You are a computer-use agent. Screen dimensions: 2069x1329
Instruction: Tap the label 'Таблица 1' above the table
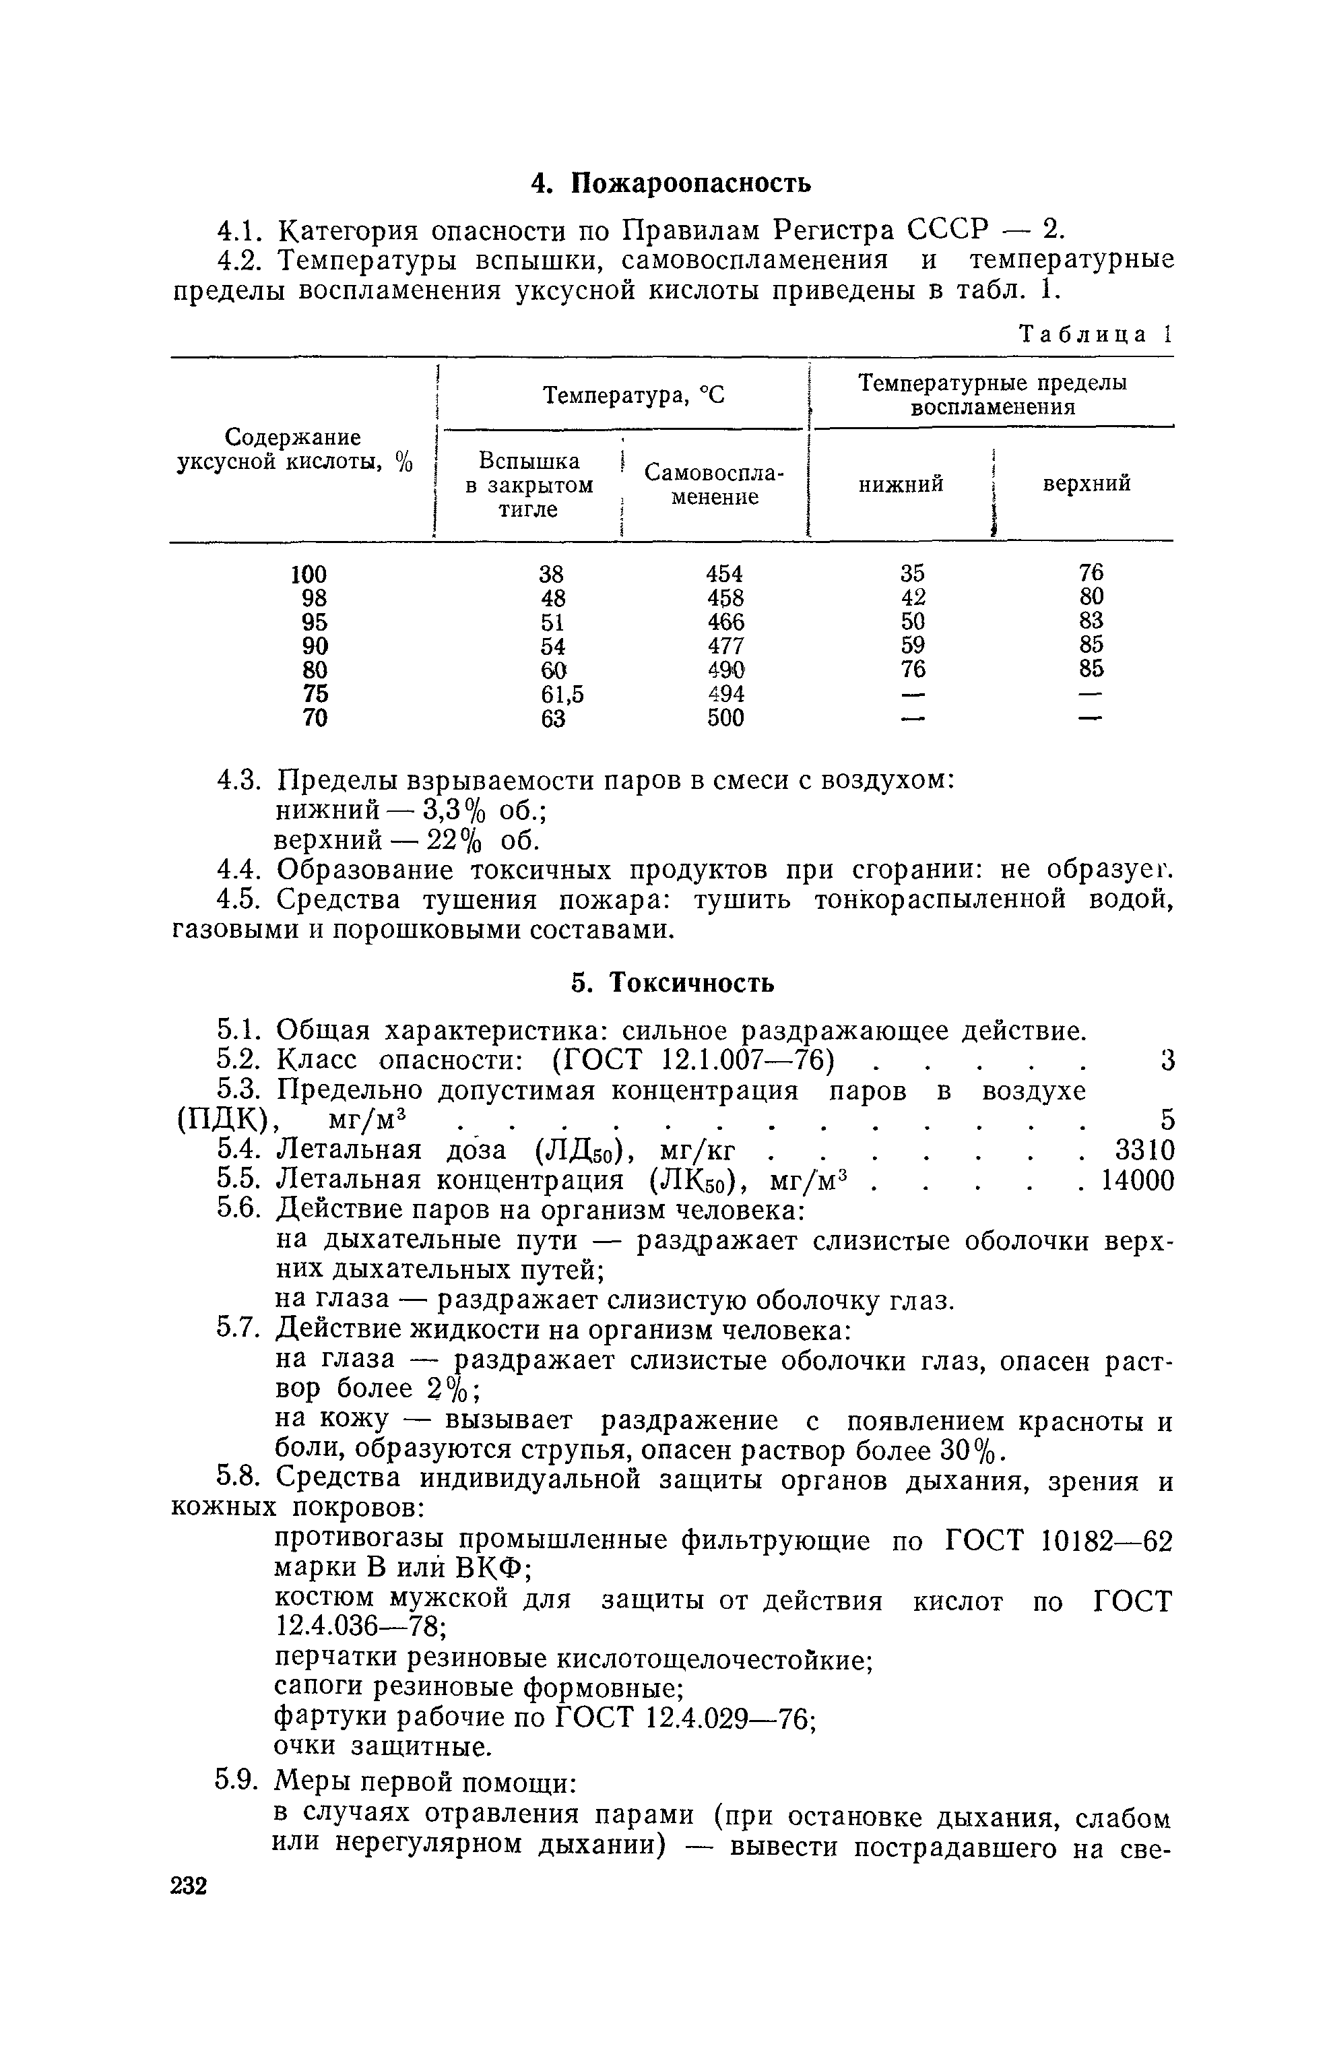point(1095,335)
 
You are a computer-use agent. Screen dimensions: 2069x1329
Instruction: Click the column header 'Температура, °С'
point(633,395)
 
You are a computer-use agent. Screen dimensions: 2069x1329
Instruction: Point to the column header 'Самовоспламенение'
point(715,485)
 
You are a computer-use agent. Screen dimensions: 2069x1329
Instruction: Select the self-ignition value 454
point(725,574)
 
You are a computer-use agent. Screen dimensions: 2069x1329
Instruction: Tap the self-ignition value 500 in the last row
point(725,718)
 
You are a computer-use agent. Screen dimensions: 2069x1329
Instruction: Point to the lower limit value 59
point(912,645)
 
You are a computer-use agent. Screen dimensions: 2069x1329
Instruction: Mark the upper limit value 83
point(1091,621)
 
